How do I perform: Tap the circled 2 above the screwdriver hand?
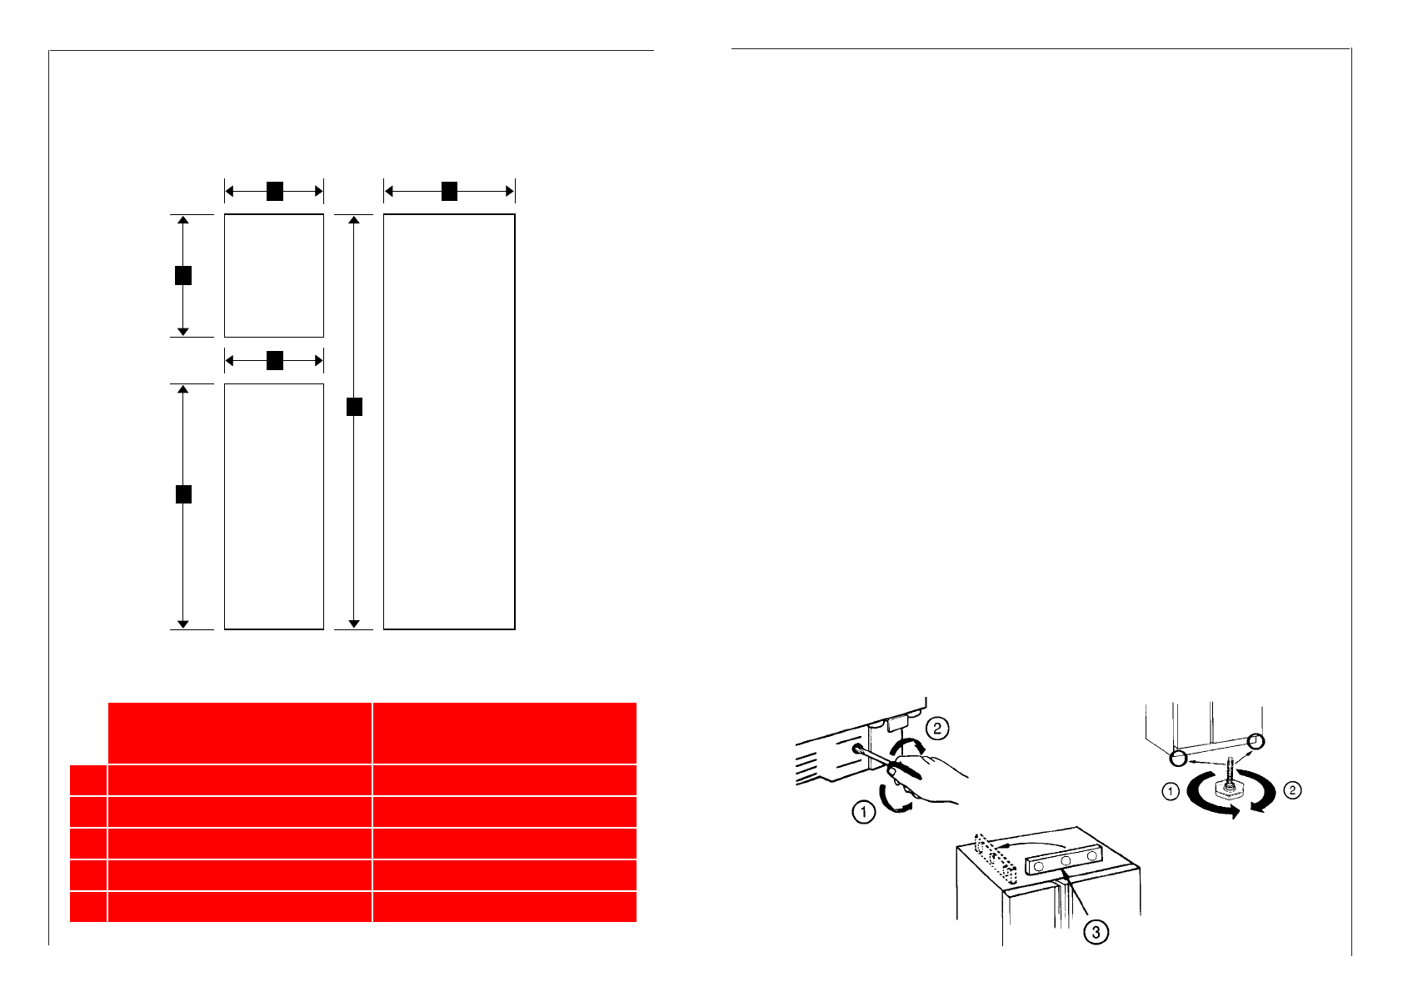pos(937,728)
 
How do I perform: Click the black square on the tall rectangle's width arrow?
pos(449,192)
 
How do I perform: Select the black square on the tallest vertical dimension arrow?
pos(354,407)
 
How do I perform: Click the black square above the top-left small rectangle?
pos(274,192)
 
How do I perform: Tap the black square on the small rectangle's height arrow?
pos(183,275)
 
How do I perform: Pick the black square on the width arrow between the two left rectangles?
pos(274,361)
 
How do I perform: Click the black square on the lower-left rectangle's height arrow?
pos(183,493)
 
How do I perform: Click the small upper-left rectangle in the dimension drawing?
pos(273,275)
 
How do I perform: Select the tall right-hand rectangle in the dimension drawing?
pos(449,421)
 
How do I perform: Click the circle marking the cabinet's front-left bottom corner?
pos(1178,759)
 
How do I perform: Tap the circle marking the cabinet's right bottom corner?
pos(1256,742)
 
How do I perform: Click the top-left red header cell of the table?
pos(240,733)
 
